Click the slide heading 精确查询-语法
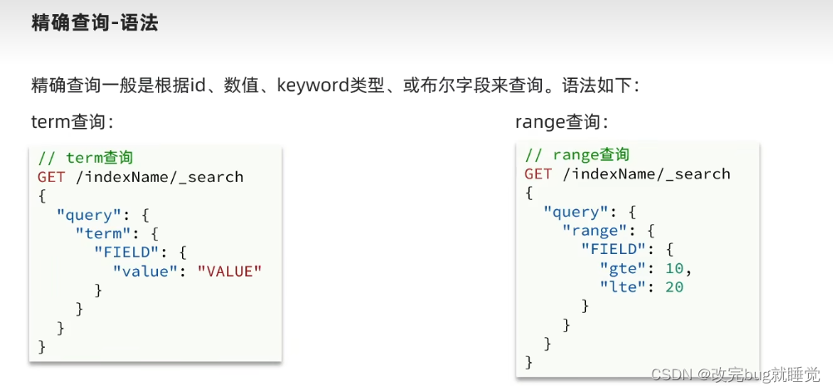tap(94, 22)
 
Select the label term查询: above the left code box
tap(71, 122)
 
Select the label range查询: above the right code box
tap(562, 122)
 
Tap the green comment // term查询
tap(85, 158)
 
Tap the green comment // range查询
tap(577, 155)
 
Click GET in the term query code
tap(51, 177)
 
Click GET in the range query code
tap(538, 174)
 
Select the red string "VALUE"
tap(229, 271)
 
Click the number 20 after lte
tap(674, 287)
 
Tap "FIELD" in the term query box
tap(125, 252)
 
